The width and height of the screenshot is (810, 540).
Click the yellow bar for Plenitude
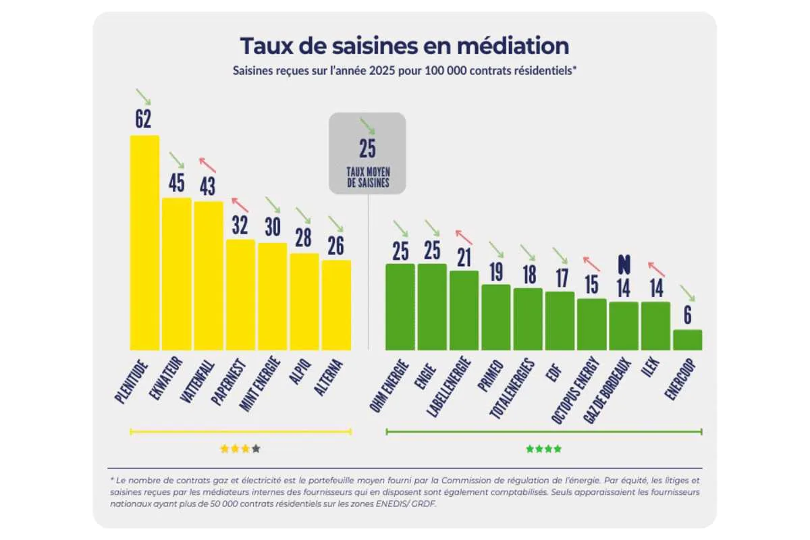point(144,243)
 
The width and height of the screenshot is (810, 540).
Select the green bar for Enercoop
point(687,340)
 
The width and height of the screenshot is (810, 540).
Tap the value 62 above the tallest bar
point(143,119)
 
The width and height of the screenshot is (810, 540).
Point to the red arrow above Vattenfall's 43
point(208,165)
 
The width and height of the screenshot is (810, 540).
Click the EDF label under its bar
point(553,373)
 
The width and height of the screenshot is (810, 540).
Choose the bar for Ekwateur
point(176,274)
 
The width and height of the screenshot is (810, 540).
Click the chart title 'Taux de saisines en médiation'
point(404,46)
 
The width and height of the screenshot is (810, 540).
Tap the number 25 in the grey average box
point(367,148)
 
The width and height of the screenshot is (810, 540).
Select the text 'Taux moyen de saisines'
point(368,178)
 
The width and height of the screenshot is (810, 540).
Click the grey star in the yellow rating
point(256,449)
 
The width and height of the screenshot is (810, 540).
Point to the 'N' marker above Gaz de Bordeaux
point(624,264)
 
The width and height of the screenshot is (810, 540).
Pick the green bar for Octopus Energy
point(591,325)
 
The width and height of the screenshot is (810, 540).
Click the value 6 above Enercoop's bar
point(687,315)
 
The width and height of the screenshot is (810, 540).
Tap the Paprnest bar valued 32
point(240,295)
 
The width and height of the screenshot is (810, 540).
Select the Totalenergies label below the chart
point(512,389)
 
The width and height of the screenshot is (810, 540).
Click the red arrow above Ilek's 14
point(656,269)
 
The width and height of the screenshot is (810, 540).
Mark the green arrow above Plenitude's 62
point(143,97)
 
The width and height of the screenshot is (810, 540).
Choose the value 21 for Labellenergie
point(464,258)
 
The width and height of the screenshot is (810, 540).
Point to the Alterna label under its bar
point(328,377)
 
